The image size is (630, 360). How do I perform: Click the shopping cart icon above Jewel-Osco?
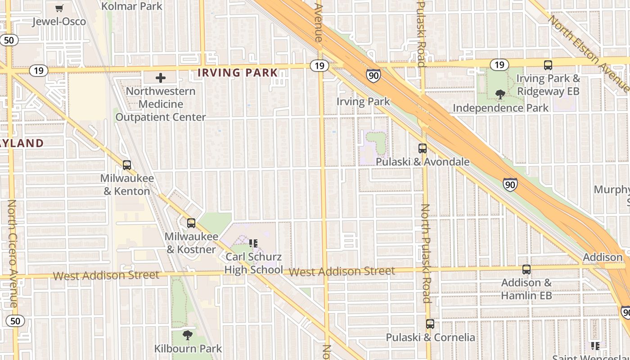pyautogui.click(x=59, y=8)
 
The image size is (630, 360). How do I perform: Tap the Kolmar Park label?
pyautogui.click(x=132, y=6)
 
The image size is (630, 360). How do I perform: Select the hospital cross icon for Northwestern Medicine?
pyautogui.click(x=161, y=78)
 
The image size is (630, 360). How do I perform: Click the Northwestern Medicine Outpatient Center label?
pyautogui.click(x=161, y=104)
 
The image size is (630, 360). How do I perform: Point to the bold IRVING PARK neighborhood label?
pyautogui.click(x=238, y=72)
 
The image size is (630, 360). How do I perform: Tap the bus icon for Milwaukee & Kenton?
pyautogui.click(x=127, y=165)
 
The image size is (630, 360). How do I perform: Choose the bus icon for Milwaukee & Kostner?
pyautogui.click(x=191, y=223)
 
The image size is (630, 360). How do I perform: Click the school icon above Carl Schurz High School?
pyautogui.click(x=253, y=243)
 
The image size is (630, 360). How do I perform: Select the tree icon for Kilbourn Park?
pyautogui.click(x=188, y=335)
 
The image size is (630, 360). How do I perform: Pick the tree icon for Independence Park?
pyautogui.click(x=500, y=94)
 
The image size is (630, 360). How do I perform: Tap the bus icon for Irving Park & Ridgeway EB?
pyautogui.click(x=548, y=65)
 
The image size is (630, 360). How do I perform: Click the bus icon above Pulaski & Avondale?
pyautogui.click(x=422, y=148)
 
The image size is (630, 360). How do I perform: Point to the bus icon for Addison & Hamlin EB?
pyautogui.click(x=526, y=270)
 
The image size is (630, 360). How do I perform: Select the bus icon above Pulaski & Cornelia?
pyautogui.click(x=430, y=324)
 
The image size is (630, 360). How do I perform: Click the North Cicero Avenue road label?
pyautogui.click(x=12, y=254)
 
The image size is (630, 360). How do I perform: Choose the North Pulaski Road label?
pyautogui.click(x=426, y=253)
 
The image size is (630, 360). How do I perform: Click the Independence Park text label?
pyautogui.click(x=500, y=108)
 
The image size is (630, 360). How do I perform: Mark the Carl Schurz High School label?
pyautogui.click(x=253, y=263)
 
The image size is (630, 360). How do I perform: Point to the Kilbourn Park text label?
pyautogui.click(x=188, y=348)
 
